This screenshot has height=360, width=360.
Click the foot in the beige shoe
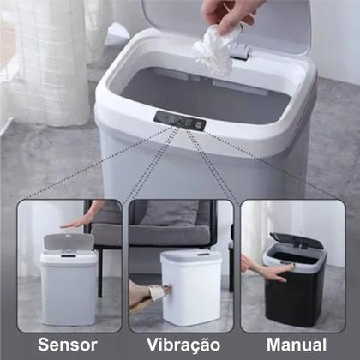pyautogui.click(x=142, y=294)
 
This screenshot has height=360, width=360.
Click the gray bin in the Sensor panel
pyautogui.click(x=69, y=287)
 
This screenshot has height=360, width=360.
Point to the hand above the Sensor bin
pyautogui.click(x=75, y=220)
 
